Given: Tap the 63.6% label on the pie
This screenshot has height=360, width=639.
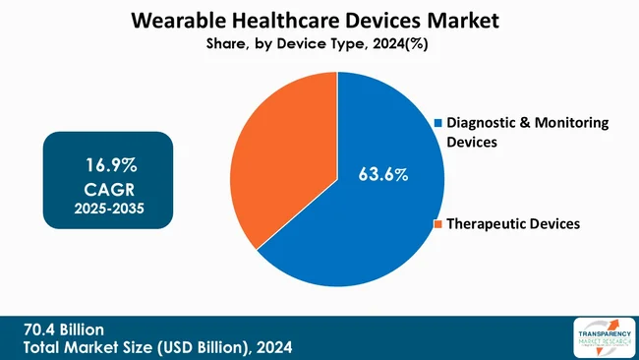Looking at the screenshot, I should tap(382, 175).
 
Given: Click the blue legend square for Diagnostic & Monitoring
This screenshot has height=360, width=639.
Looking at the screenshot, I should tap(438, 123).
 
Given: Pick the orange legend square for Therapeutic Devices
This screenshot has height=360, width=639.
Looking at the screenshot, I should tap(438, 224).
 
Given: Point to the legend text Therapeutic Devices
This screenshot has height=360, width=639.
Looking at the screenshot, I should tap(512, 224).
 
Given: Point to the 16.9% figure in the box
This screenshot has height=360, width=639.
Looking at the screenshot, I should tap(108, 161).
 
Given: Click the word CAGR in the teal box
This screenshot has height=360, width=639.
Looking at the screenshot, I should tap(108, 186).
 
